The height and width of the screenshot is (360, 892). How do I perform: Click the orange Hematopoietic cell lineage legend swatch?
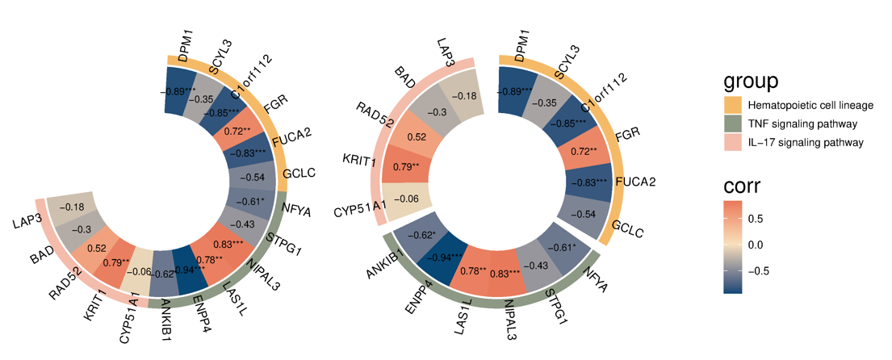tap(732, 106)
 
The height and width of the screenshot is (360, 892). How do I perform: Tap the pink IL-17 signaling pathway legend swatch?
tap(732, 142)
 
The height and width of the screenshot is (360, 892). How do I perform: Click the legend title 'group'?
tap(751, 81)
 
